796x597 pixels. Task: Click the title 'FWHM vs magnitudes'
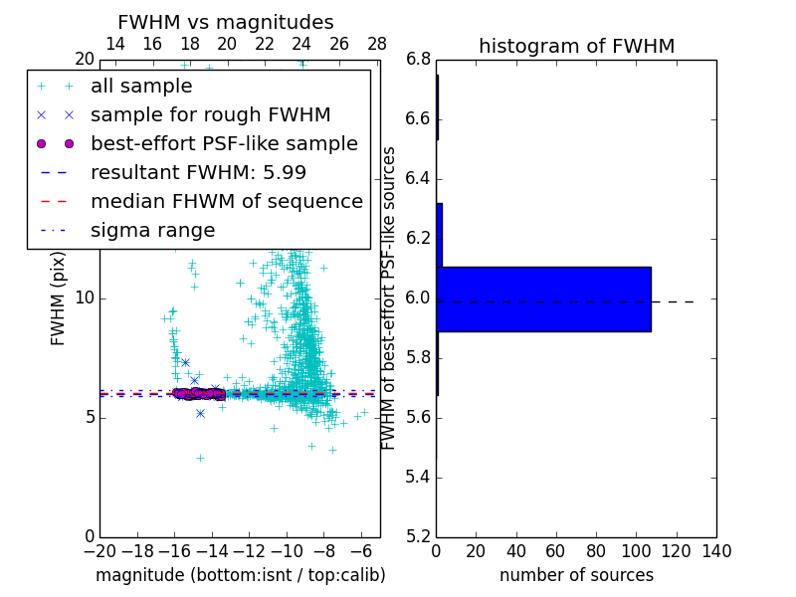tap(225, 22)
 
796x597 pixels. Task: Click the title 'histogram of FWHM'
tap(576, 46)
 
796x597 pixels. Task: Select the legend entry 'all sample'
tap(141, 87)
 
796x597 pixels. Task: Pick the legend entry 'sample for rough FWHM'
tap(210, 114)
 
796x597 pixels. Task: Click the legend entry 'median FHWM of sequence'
tap(226, 201)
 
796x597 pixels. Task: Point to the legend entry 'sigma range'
tap(152, 230)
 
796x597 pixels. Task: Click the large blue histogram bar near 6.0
tap(543, 298)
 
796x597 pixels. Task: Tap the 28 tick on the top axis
tap(377, 44)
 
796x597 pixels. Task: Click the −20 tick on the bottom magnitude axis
tap(99, 551)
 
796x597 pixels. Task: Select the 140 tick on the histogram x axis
tap(716, 551)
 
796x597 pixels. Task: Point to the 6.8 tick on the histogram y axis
tap(419, 60)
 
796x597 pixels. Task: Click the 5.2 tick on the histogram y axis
tap(419, 536)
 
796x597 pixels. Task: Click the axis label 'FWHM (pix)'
tap(58, 298)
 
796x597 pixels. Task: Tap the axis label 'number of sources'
tap(576, 575)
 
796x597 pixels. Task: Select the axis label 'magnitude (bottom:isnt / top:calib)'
tap(240, 575)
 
